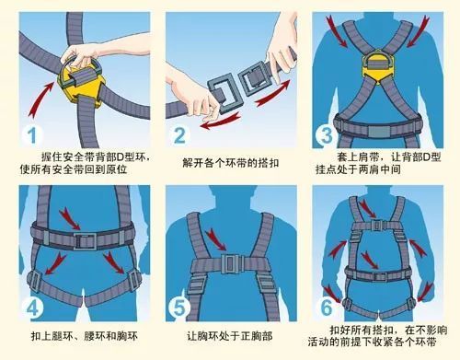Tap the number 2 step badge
click(x=181, y=135)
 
